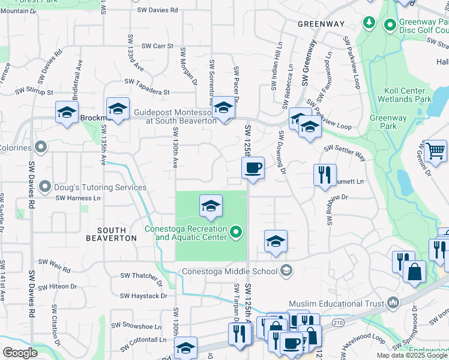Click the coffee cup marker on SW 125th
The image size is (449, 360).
pos(253,167)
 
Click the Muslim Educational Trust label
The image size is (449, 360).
pos(336,303)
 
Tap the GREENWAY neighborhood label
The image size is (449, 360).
pos(322,24)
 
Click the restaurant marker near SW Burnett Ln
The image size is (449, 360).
pos(325,175)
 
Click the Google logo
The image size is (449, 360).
pos(20,353)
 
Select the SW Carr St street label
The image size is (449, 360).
pos(157,46)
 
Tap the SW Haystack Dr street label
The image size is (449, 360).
pos(143,296)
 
